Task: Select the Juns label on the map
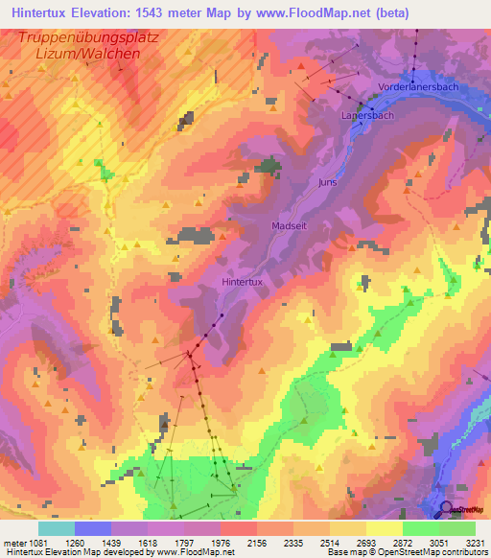(x=328, y=181)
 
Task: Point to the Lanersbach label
(x=367, y=115)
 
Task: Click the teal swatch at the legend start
(x=56, y=528)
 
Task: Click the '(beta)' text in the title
(x=383, y=12)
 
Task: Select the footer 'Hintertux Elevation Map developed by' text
(x=77, y=552)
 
